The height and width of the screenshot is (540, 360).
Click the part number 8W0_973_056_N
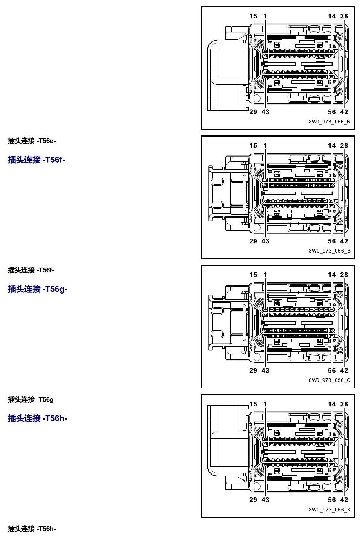(329, 122)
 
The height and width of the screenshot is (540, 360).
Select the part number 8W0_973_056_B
(329, 251)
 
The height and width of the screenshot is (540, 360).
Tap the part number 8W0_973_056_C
(329, 380)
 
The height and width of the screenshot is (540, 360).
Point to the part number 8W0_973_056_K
(329, 510)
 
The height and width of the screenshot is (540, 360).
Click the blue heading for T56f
(37, 160)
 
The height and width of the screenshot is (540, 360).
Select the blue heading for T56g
(37, 289)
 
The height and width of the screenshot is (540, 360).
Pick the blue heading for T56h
(37, 418)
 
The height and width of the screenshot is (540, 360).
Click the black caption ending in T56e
(32, 141)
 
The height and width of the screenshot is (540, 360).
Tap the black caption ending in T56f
(31, 270)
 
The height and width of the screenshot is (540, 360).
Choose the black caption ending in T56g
(32, 400)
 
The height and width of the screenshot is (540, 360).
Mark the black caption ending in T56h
(32, 529)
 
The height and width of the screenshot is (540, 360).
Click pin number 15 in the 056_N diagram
(253, 16)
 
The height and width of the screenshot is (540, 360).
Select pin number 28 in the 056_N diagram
(344, 16)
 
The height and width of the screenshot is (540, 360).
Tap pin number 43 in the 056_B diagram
(265, 241)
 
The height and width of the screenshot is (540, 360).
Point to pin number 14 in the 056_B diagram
(332, 145)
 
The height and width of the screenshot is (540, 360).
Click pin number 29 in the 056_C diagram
(253, 370)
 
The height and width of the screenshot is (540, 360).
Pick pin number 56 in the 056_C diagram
(332, 370)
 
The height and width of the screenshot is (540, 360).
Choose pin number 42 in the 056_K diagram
(344, 500)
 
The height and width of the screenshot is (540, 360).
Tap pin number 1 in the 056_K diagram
(265, 404)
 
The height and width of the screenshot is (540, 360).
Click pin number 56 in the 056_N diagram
(332, 112)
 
